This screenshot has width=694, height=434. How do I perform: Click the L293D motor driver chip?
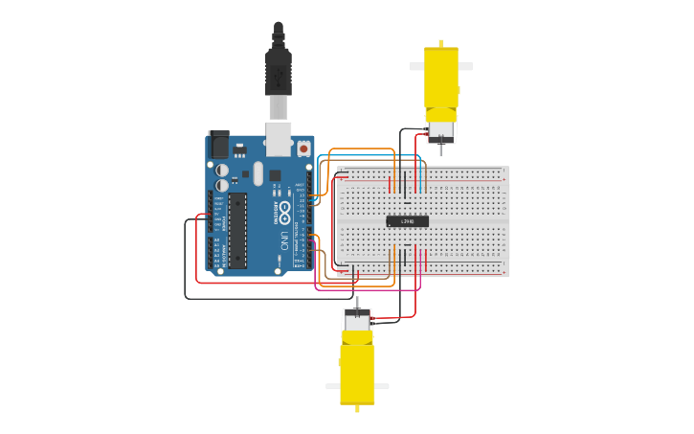407,221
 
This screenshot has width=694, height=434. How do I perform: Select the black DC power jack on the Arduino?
219,145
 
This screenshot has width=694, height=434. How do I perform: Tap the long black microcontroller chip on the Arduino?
236,230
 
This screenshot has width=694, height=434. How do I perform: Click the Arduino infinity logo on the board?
284,208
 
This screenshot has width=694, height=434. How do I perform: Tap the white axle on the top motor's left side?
416,67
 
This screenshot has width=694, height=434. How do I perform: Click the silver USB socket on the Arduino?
279,138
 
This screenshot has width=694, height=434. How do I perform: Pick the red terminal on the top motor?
434,136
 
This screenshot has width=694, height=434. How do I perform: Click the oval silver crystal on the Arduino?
257,173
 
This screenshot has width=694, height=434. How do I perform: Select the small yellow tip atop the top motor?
440,43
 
